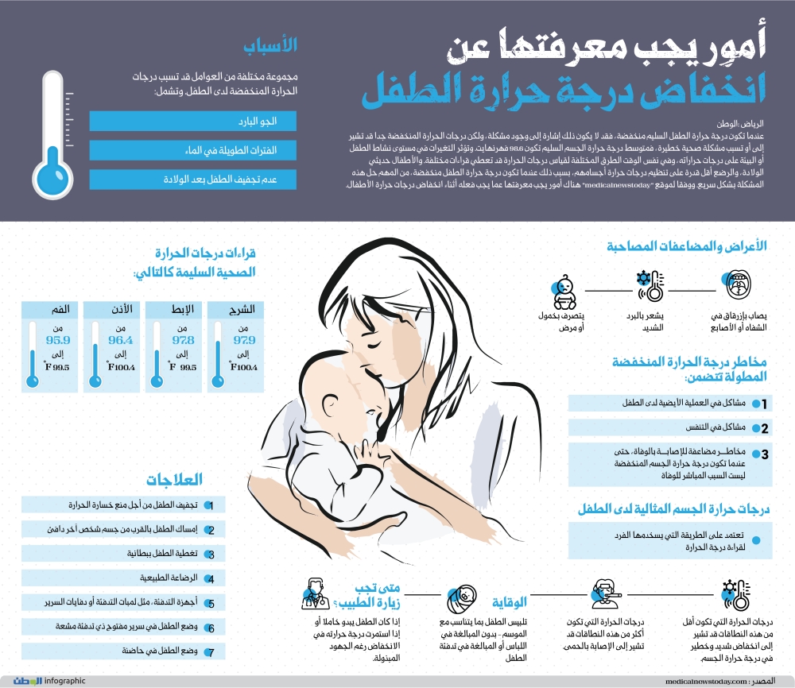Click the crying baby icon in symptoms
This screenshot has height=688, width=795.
tap(564, 290)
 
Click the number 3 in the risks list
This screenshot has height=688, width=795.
tap(764, 455)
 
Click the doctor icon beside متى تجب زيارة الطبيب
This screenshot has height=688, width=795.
tap(315, 593)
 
